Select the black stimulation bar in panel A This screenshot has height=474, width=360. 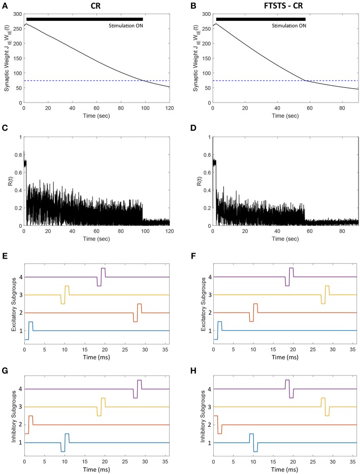[x=84, y=19]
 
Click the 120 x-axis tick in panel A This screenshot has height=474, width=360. [x=169, y=108]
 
